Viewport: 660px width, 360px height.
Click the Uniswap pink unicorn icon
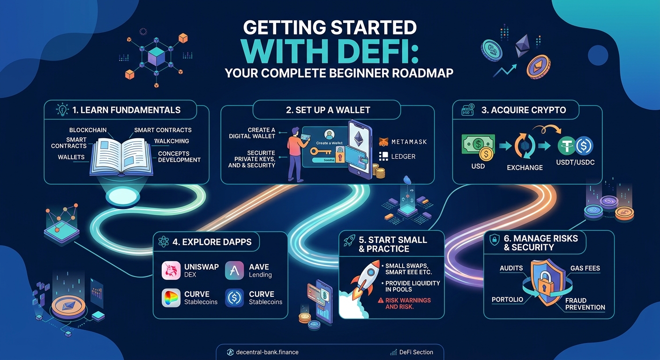[x=171, y=271]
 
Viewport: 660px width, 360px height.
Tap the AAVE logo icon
[x=234, y=271]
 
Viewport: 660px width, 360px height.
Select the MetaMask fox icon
[x=383, y=141]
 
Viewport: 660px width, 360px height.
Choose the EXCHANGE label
[x=525, y=167]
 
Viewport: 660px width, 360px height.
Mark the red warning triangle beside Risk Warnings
[x=380, y=300]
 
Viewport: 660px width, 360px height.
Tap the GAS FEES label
[x=585, y=268]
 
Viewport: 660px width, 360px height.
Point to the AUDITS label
[x=511, y=268]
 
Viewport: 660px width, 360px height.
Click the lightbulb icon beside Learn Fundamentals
[x=61, y=110]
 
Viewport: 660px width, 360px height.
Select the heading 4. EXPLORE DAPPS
[x=212, y=242]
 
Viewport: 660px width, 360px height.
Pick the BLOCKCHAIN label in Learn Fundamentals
[x=88, y=130]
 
